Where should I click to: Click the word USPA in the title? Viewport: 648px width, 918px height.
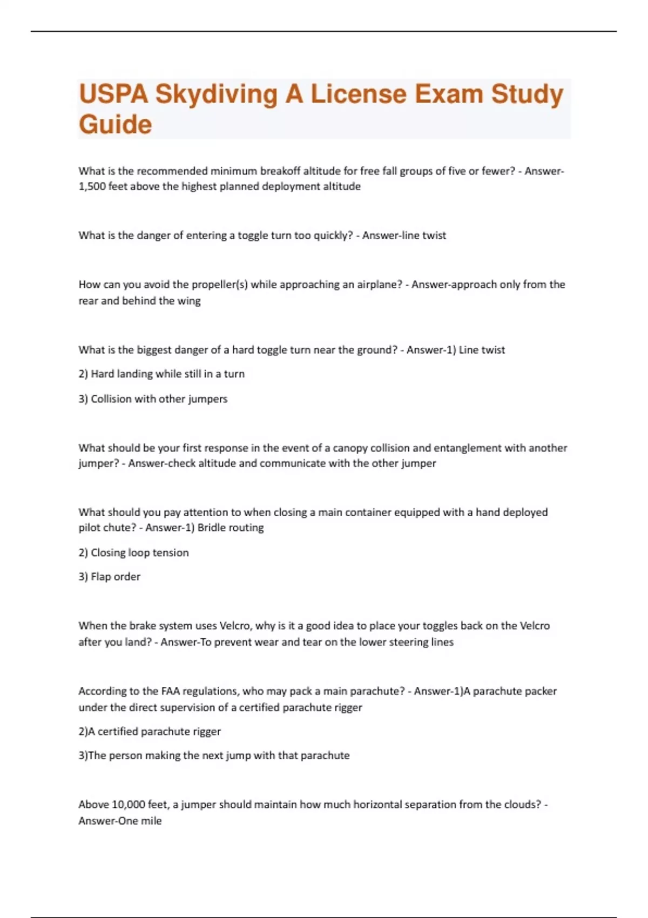click(x=113, y=94)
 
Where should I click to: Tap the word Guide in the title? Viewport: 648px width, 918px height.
click(x=115, y=124)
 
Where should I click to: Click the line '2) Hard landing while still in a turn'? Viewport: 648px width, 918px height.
click(x=161, y=374)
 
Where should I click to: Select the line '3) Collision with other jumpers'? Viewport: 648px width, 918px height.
click(x=153, y=399)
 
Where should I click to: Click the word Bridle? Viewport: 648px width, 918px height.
click(x=212, y=528)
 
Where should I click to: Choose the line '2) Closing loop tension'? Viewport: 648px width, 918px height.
click(x=133, y=552)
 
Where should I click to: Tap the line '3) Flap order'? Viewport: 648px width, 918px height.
click(x=109, y=577)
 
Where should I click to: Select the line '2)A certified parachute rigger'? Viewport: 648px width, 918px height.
click(x=150, y=731)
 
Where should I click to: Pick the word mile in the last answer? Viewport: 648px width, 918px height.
click(x=151, y=821)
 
